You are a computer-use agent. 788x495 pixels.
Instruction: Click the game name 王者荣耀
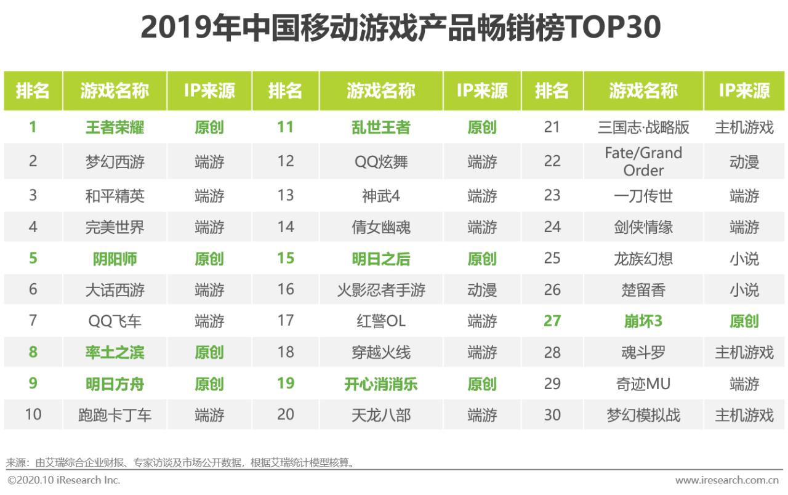115,127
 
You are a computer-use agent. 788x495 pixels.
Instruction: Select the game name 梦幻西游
115,161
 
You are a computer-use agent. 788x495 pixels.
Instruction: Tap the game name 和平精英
115,196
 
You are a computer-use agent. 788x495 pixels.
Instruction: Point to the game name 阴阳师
115,259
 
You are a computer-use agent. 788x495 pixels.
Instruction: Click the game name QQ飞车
115,321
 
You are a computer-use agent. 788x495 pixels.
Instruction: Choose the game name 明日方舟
115,384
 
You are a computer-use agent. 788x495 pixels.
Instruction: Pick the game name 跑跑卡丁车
115,415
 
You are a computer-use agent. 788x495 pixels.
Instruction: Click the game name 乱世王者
380,127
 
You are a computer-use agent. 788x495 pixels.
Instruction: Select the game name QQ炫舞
380,161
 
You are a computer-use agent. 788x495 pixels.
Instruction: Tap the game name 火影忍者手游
380,290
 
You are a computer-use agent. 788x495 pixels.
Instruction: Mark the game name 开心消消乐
380,384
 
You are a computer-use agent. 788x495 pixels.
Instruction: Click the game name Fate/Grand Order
643,161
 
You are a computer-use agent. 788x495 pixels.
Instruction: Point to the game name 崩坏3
643,321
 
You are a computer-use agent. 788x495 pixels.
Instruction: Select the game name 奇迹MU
643,384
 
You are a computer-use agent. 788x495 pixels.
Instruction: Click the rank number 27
552,321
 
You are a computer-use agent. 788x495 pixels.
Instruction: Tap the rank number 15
285,259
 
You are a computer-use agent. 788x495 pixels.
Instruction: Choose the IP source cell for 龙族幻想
744,259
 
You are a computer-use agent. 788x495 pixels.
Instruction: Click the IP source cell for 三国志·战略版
744,127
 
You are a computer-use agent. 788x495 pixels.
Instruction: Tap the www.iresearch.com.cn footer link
727,480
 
